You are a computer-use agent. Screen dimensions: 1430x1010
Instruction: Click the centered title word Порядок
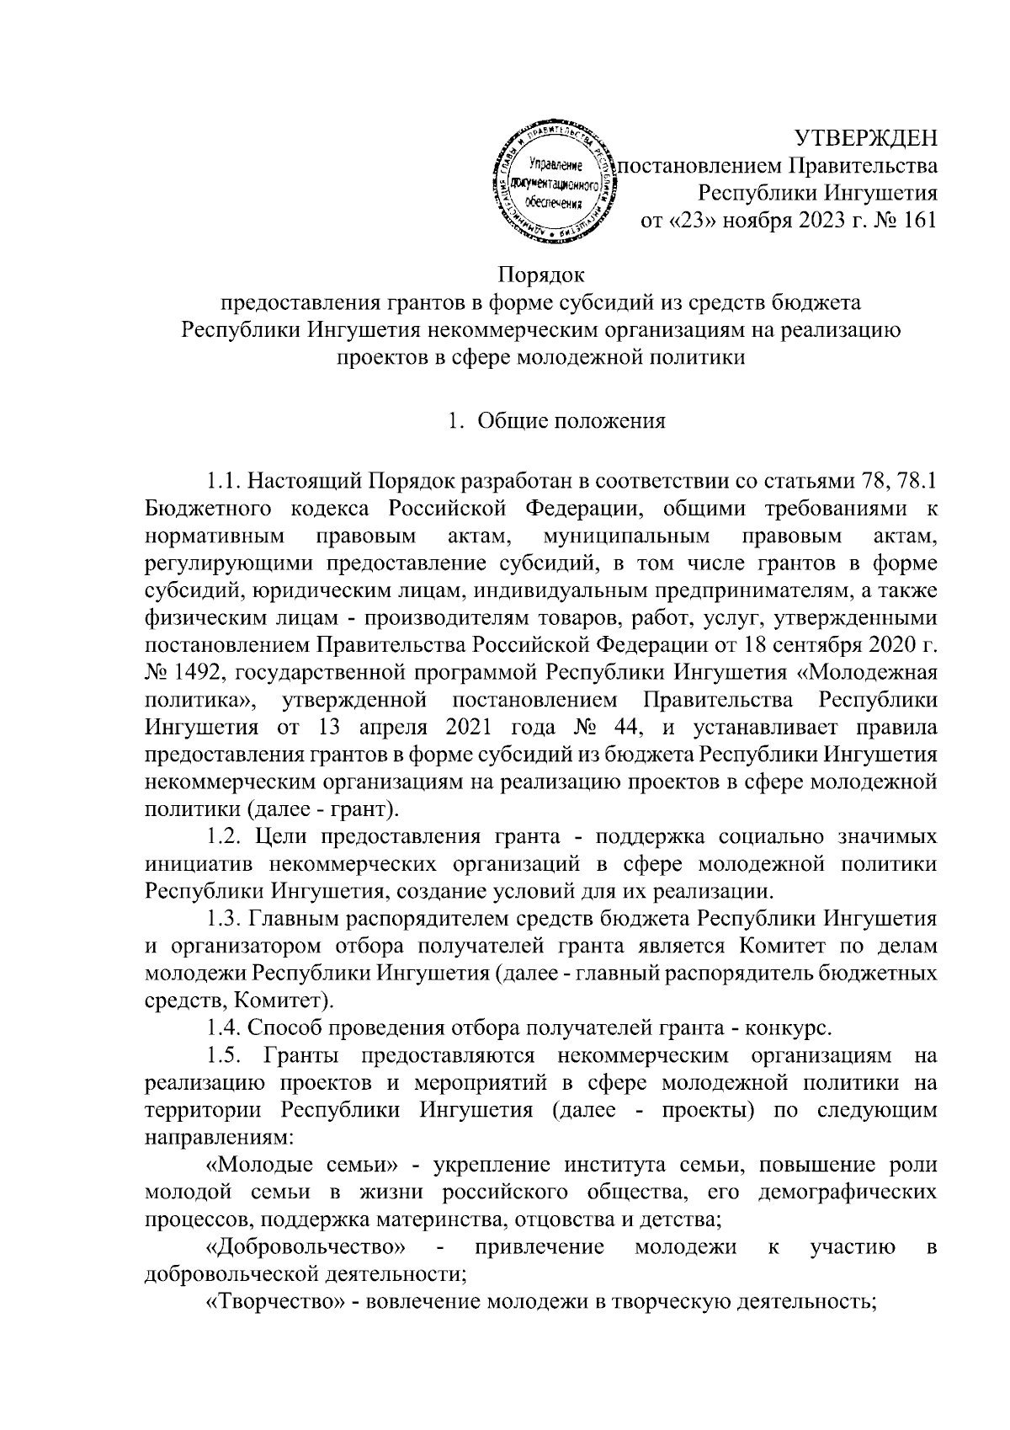[x=540, y=275]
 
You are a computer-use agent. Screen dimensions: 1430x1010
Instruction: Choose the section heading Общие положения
[x=571, y=421]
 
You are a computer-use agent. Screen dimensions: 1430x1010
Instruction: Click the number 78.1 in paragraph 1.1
[x=914, y=483]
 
